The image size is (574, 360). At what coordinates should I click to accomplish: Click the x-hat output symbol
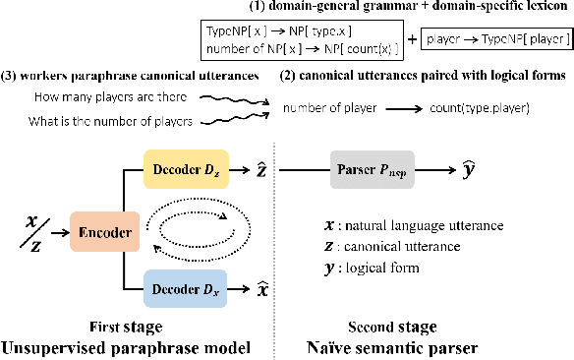point(262,289)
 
